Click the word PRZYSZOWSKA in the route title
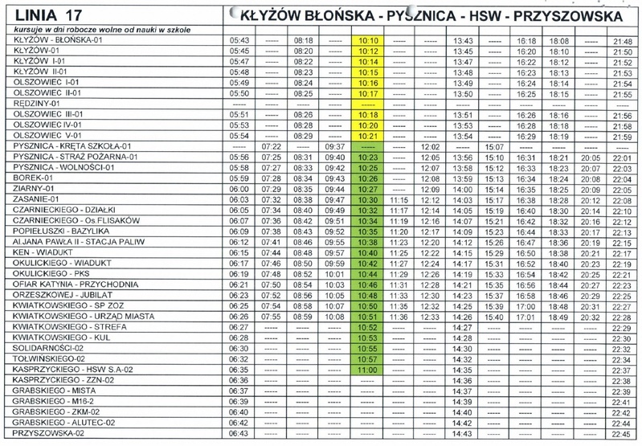pyautogui.click(x=562, y=15)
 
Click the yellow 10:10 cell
pyautogui.click(x=368, y=40)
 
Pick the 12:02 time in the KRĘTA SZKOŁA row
pyautogui.click(x=430, y=146)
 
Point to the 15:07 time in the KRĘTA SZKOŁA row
pyautogui.click(x=494, y=146)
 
